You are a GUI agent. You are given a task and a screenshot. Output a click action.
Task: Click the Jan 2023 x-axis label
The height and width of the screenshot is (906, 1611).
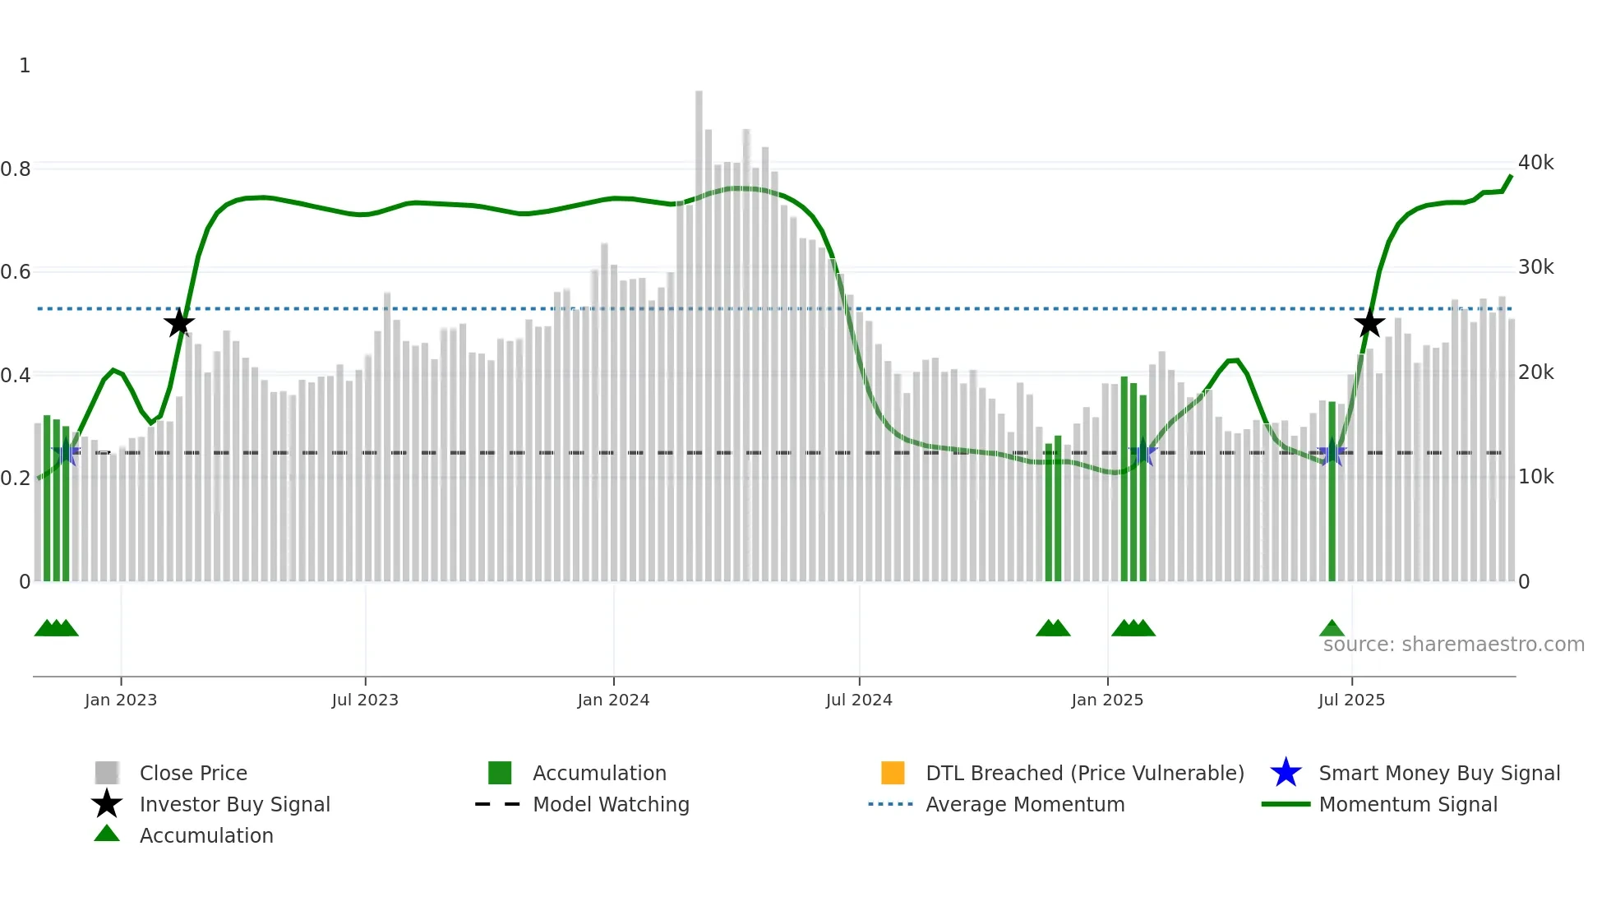pyautogui.click(x=121, y=700)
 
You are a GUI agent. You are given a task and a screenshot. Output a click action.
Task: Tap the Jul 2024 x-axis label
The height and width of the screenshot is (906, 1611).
pyautogui.click(x=859, y=700)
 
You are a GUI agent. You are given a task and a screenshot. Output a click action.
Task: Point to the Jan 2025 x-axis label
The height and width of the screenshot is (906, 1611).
pyautogui.click(x=1107, y=700)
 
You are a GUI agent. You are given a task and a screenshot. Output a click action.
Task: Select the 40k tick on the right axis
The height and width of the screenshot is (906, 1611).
pyautogui.click(x=1535, y=163)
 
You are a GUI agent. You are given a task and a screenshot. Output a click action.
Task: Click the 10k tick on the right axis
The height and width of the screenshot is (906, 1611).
pyautogui.click(x=1535, y=477)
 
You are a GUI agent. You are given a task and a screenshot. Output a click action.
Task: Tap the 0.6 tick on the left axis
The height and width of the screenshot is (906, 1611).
pyautogui.click(x=16, y=271)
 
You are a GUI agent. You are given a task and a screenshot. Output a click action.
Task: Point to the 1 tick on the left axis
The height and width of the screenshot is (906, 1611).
pyautogui.click(x=25, y=66)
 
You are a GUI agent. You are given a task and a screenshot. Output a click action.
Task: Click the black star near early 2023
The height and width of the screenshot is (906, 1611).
pyautogui.click(x=179, y=323)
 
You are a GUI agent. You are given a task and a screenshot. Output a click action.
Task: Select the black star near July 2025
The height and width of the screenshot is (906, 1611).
pyautogui.click(x=1369, y=323)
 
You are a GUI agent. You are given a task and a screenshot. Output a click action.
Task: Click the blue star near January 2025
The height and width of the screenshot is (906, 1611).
pyautogui.click(x=1142, y=452)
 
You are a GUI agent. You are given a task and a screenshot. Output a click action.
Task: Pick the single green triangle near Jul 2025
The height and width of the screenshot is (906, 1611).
pyautogui.click(x=1332, y=629)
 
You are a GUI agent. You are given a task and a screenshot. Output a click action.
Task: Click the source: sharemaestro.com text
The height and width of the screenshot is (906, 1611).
pyautogui.click(x=1453, y=645)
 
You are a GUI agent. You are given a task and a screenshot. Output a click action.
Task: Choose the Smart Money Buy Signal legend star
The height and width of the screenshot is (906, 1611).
pyautogui.click(x=1286, y=773)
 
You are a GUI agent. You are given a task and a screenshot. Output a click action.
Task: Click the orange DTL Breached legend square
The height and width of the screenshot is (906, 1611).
pyautogui.click(x=893, y=773)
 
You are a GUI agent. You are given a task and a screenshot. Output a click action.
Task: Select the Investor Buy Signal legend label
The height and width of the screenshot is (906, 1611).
pyautogui.click(x=234, y=804)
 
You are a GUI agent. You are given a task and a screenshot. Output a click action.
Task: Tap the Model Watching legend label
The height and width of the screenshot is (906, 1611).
pyautogui.click(x=611, y=804)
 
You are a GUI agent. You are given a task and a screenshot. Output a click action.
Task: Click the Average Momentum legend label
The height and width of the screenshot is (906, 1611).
pyautogui.click(x=1025, y=804)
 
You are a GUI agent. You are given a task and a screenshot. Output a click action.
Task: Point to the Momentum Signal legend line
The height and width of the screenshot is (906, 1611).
pyautogui.click(x=1286, y=804)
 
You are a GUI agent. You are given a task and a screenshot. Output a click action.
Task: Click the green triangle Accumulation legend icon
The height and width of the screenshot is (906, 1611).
pyautogui.click(x=107, y=834)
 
